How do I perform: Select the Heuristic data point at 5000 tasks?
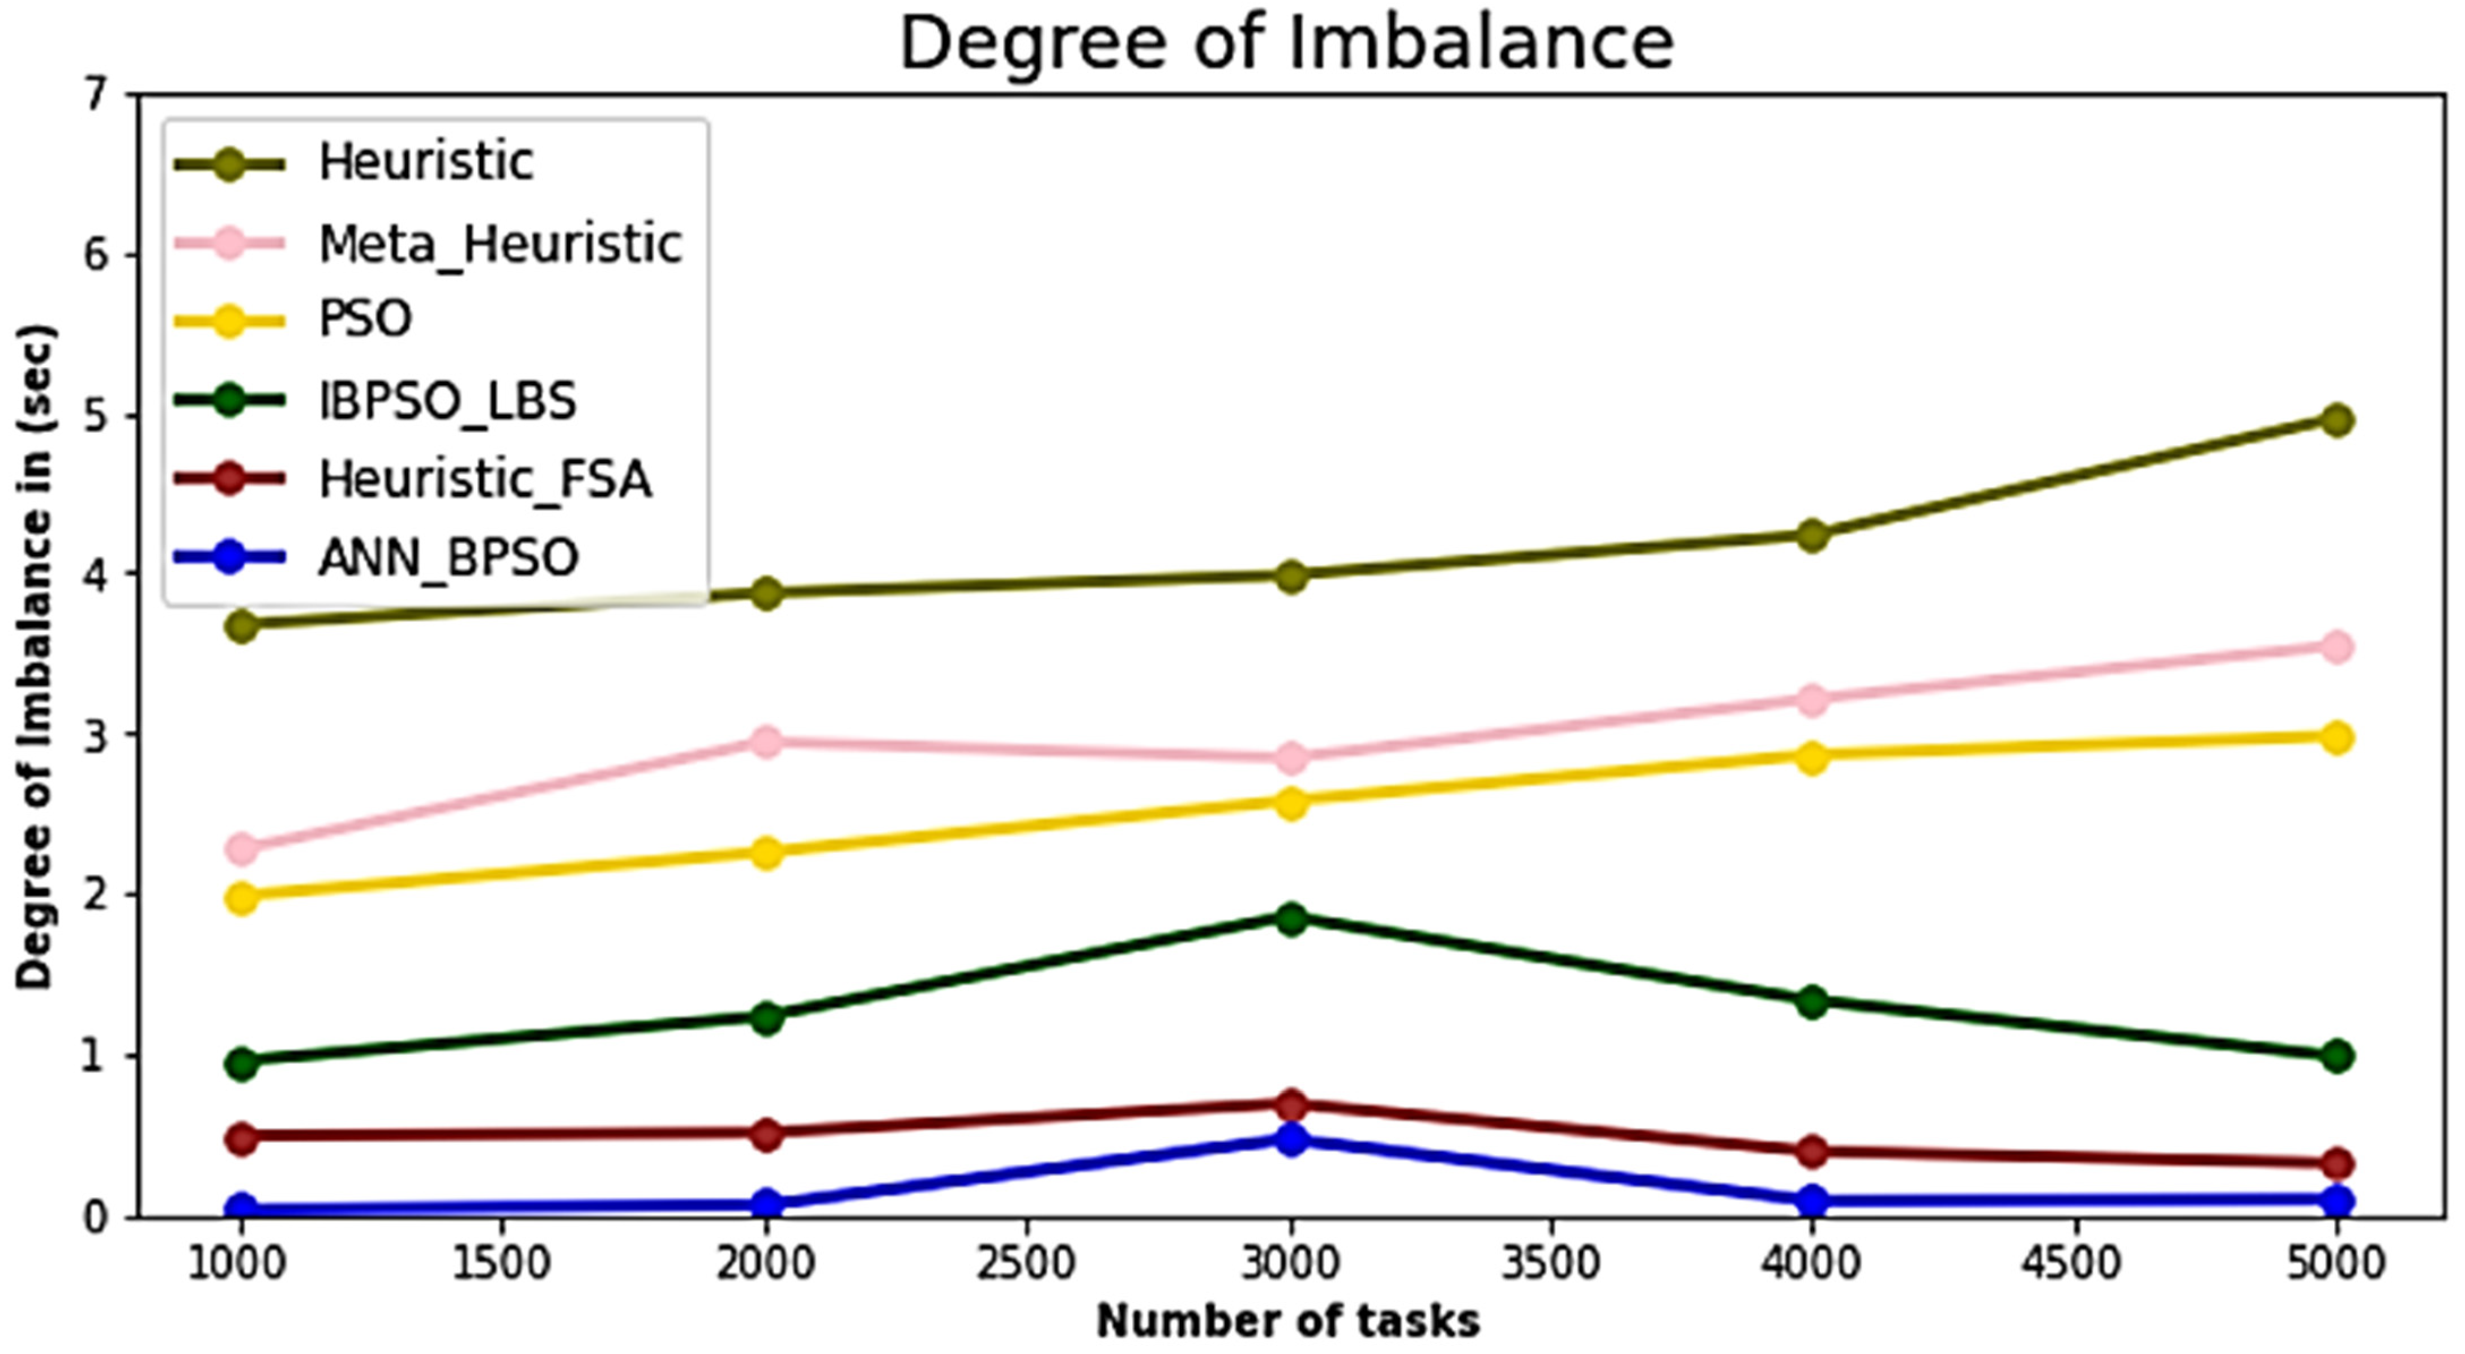coord(2336,419)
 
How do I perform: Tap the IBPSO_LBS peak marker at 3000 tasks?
coord(1291,918)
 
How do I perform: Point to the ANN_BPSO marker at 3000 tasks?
coord(1291,1140)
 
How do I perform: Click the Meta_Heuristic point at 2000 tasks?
coord(766,742)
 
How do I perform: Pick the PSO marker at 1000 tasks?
coord(242,897)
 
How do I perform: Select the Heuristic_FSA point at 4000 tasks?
coord(1811,1151)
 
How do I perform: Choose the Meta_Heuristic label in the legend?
coord(500,244)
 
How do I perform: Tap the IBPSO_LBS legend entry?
coord(447,401)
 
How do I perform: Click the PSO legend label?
coord(365,318)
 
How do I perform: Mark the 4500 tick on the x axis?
coord(2072,1264)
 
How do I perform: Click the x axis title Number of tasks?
coord(1287,1322)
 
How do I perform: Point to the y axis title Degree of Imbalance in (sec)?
coord(36,657)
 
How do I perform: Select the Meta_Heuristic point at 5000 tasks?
coord(2336,647)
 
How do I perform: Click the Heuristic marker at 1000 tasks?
coord(242,627)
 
